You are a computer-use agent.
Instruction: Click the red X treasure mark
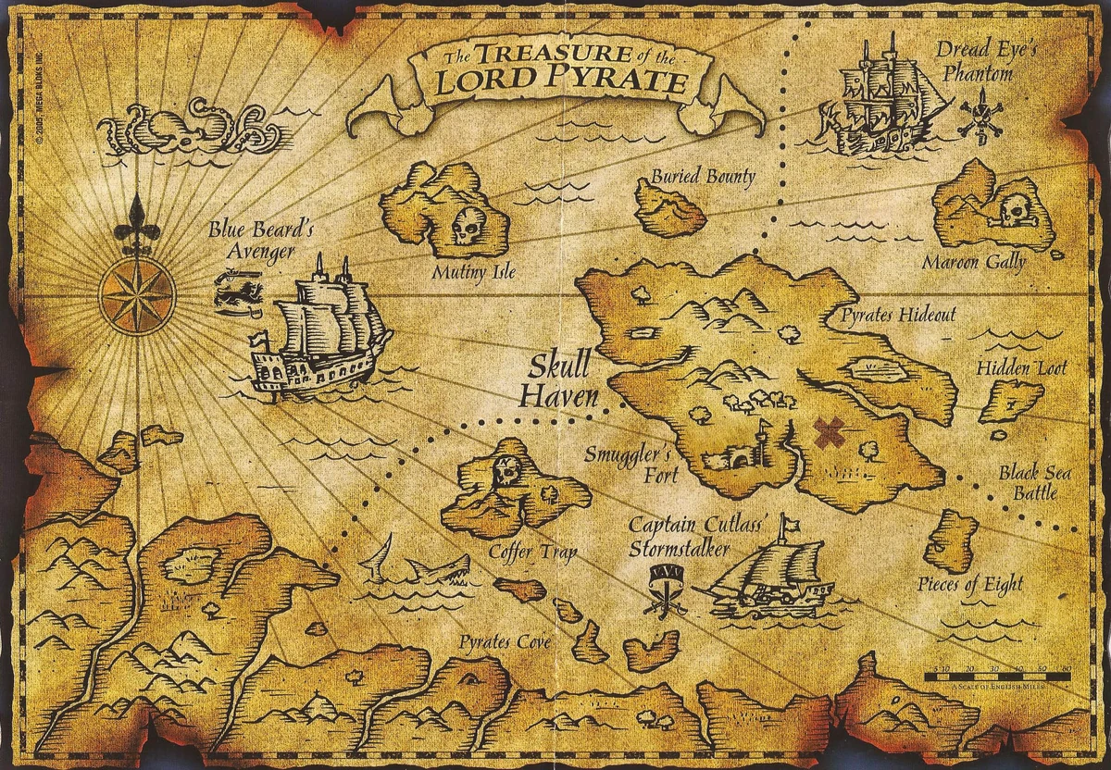[x=830, y=432]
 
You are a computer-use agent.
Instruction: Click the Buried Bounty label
[x=703, y=176]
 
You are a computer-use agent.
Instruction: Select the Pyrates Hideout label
[x=898, y=316]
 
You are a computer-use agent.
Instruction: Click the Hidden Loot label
[x=1021, y=368]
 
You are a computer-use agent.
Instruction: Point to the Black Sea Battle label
[x=1034, y=483]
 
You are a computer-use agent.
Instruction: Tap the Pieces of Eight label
[x=970, y=584]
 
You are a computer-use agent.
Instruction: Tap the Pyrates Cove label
[x=506, y=642]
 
